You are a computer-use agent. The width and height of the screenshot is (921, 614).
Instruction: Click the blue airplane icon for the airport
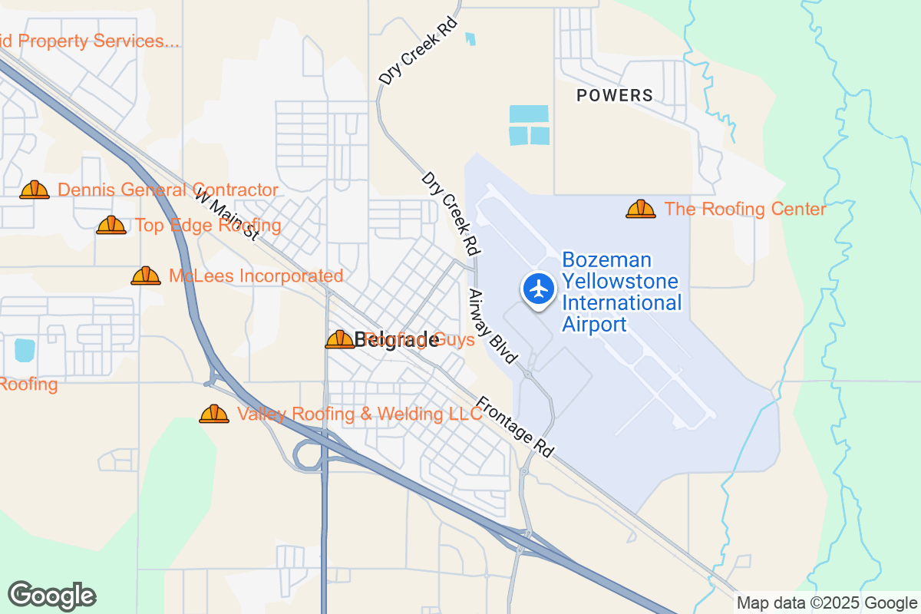(x=540, y=289)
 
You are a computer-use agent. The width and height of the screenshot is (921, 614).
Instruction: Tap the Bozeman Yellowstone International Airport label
(x=622, y=292)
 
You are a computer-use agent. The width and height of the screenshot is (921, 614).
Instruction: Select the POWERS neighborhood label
(x=615, y=96)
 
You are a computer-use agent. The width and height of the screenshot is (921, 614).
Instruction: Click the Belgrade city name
(x=397, y=340)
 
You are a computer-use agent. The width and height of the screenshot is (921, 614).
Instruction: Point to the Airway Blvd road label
(x=494, y=326)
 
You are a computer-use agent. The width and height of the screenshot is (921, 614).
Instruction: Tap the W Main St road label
(x=226, y=216)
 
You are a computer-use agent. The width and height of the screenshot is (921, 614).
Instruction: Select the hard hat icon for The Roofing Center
(x=640, y=209)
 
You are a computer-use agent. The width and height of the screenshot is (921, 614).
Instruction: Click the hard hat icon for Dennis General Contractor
(x=35, y=190)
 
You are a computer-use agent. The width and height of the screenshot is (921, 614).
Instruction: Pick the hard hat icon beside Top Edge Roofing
(x=111, y=225)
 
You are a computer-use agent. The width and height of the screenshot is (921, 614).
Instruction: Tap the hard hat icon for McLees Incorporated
(x=145, y=276)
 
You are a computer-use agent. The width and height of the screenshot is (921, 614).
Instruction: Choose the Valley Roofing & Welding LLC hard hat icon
(x=214, y=414)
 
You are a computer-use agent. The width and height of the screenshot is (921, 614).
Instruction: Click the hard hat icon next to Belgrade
(x=339, y=339)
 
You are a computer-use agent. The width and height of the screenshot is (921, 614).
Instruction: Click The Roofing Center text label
(x=745, y=210)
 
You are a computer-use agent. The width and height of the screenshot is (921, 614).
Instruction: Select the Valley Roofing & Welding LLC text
(x=360, y=414)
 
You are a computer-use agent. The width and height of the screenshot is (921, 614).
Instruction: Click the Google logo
(x=51, y=596)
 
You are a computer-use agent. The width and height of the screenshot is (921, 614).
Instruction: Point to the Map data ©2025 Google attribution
(x=827, y=603)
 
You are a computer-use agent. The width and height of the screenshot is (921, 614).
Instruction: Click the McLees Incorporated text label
(x=256, y=276)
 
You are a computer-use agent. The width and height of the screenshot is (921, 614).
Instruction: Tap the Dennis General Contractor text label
(x=168, y=190)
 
